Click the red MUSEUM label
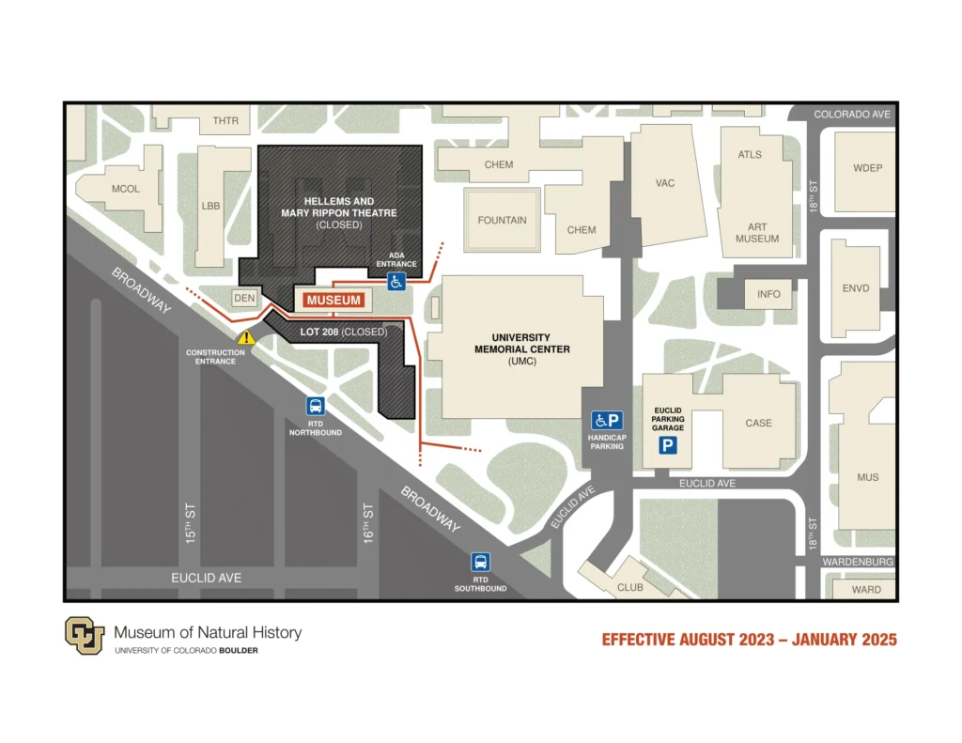(x=334, y=300)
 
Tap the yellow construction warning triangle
(x=246, y=336)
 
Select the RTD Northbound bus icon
(x=316, y=407)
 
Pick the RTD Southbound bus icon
(x=481, y=563)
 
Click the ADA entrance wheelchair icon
(x=397, y=280)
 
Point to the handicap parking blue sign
(x=607, y=421)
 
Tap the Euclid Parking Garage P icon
(x=667, y=445)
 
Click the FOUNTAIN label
(x=502, y=221)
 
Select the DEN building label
(x=244, y=299)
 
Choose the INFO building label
(x=768, y=294)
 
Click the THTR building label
(x=225, y=121)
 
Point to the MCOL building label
(x=125, y=189)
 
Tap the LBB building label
(x=210, y=206)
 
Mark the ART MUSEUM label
(x=757, y=233)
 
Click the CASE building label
(x=758, y=423)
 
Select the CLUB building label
(x=630, y=588)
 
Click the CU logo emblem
(x=84, y=636)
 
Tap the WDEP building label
(x=867, y=168)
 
